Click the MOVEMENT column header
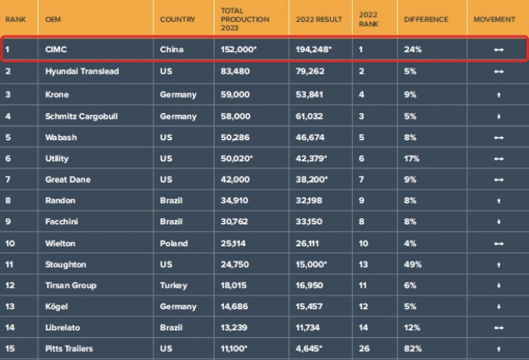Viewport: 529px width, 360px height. coord(495,19)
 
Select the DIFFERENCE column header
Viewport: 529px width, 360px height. coord(426,19)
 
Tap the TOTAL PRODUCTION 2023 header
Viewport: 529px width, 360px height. coord(244,20)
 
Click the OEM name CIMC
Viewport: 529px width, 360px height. coord(57,50)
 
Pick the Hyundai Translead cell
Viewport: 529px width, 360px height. coord(81,71)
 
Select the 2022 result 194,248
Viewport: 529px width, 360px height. coord(313,50)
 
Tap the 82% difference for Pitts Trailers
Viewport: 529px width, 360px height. coord(411,348)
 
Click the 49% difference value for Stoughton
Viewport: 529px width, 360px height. coord(412,264)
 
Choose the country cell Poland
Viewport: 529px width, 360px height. coord(174,243)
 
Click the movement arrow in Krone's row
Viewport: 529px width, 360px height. coord(499,95)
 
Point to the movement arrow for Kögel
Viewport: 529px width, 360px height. coord(499,306)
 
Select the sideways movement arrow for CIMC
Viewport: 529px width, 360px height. coord(499,50)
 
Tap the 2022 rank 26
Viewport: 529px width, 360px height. coord(364,348)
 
